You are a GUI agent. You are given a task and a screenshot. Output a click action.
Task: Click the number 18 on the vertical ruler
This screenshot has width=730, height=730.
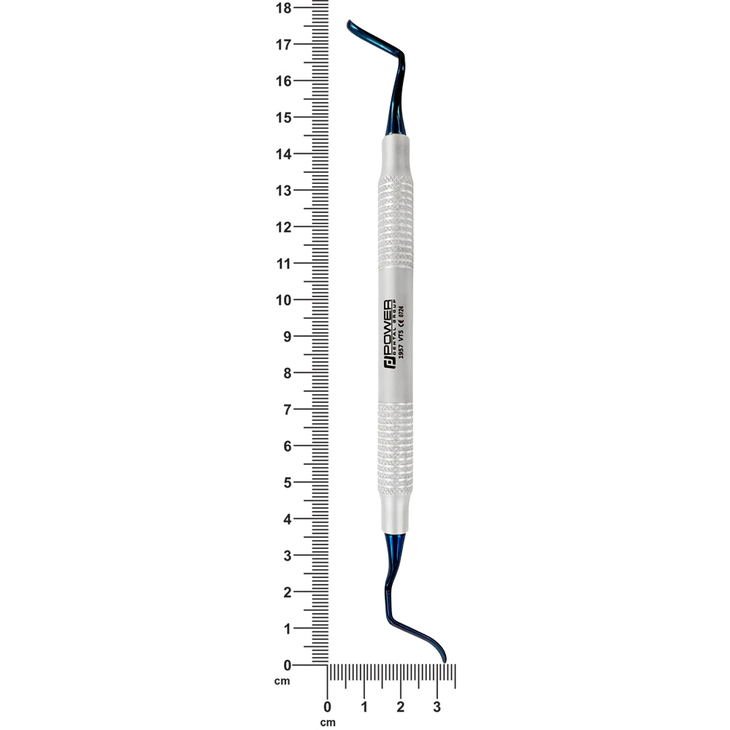283,8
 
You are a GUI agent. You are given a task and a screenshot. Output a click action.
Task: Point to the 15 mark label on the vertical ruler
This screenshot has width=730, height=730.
283,118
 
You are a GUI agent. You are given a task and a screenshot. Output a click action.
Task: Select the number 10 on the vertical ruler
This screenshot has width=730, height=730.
283,300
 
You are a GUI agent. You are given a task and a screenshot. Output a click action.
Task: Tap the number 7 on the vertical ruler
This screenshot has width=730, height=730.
287,410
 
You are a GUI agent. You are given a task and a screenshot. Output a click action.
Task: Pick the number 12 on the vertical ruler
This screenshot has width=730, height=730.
283,227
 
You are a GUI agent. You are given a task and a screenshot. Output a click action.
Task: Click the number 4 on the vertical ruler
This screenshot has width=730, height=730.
287,519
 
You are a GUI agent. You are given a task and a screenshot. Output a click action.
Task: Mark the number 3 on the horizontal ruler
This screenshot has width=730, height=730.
437,707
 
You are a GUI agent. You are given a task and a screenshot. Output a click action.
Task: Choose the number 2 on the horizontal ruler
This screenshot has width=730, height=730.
400,707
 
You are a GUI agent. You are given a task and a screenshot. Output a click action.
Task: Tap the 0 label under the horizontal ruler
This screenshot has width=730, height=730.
327,707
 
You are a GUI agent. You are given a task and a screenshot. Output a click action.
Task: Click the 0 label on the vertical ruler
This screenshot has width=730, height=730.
287,665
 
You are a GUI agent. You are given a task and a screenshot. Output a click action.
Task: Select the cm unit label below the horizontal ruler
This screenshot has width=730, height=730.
327,723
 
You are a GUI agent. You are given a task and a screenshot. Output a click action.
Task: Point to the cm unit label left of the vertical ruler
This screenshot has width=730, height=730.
282,681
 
